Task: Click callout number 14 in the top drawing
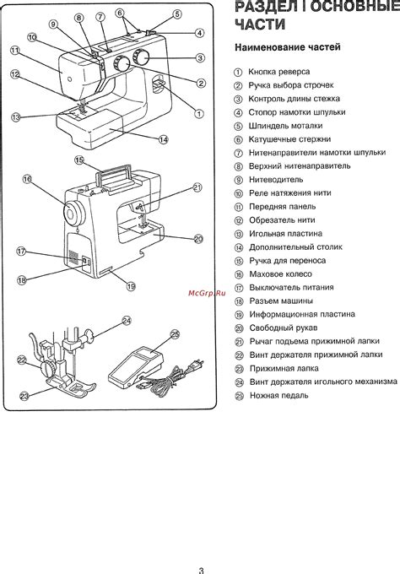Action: [x=163, y=139]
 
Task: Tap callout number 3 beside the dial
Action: [x=200, y=58]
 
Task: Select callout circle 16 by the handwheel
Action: [x=28, y=179]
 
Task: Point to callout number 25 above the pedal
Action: [x=176, y=334]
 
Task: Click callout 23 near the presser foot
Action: [x=24, y=397]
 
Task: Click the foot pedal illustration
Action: [x=137, y=368]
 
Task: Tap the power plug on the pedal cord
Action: [x=196, y=365]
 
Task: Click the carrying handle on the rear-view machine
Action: [x=113, y=175]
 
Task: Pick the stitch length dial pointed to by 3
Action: [x=141, y=57]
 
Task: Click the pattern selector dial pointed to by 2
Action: [x=122, y=64]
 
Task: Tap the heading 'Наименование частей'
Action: [x=288, y=47]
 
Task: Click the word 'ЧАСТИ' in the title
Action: [x=260, y=24]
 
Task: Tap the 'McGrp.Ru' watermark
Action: [x=207, y=293]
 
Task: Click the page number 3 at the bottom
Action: [x=201, y=571]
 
